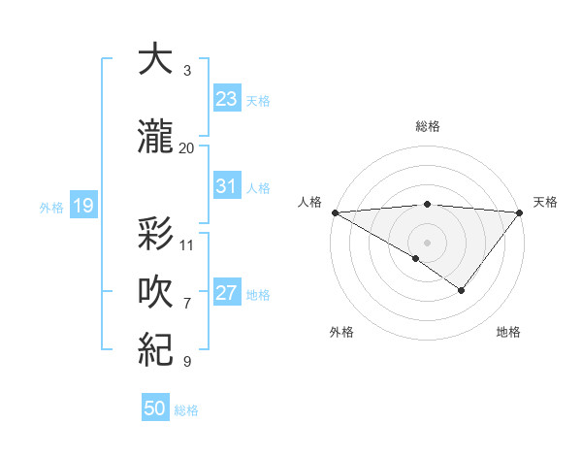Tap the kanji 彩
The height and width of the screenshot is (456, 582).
click(x=155, y=236)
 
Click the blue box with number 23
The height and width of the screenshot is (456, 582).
click(x=226, y=99)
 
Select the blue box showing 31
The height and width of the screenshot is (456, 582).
click(x=226, y=186)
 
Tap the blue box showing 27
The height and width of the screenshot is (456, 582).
click(x=226, y=293)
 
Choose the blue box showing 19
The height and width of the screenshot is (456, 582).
click(x=82, y=206)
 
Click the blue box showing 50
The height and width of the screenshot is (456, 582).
click(x=155, y=408)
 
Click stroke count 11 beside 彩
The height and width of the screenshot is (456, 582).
click(x=187, y=245)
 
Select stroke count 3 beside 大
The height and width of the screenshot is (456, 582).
click(x=187, y=71)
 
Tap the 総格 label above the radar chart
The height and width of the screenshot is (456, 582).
click(x=427, y=126)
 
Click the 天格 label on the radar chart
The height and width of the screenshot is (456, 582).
click(x=546, y=202)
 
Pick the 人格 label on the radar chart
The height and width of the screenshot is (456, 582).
click(x=309, y=202)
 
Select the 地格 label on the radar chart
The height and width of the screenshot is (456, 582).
click(x=508, y=332)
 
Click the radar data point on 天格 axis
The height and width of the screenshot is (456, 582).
click(x=520, y=212)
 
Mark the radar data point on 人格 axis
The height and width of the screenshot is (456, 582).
click(x=335, y=212)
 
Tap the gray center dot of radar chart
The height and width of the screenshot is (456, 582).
click(x=427, y=242)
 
